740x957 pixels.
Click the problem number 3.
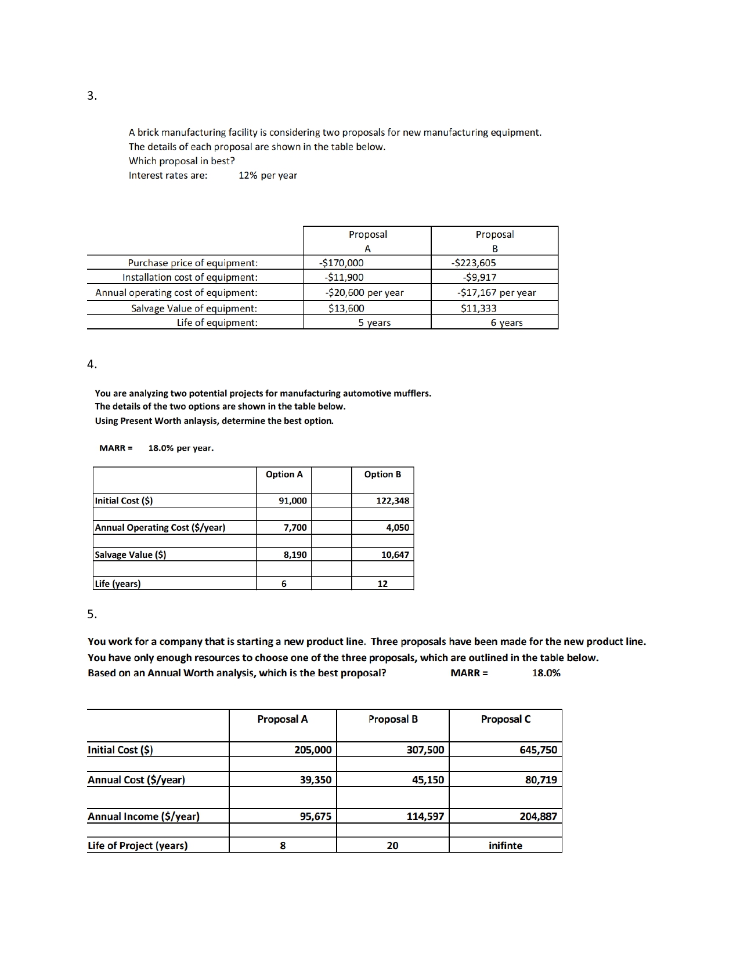click(92, 96)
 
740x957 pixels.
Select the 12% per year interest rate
click(268, 176)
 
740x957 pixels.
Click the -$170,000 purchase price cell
click(342, 263)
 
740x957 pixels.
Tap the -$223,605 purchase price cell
click(474, 263)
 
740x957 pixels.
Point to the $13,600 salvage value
click(346, 309)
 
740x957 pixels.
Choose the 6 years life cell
click(506, 323)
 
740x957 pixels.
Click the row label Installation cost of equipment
click(190, 277)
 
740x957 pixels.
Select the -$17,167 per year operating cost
click(496, 293)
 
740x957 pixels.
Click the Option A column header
click(284, 474)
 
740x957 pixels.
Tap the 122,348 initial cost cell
click(392, 501)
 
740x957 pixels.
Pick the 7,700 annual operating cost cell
click(295, 528)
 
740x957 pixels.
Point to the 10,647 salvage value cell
click(395, 555)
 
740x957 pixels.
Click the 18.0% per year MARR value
click(181, 448)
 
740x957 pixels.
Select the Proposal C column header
click(505, 719)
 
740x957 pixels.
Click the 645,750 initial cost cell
click(538, 750)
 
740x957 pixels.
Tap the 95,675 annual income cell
click(315, 817)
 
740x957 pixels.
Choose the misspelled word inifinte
click(505, 846)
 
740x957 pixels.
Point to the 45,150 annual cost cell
click(428, 780)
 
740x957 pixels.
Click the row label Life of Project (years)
click(138, 846)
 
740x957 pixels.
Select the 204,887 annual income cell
click(538, 817)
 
